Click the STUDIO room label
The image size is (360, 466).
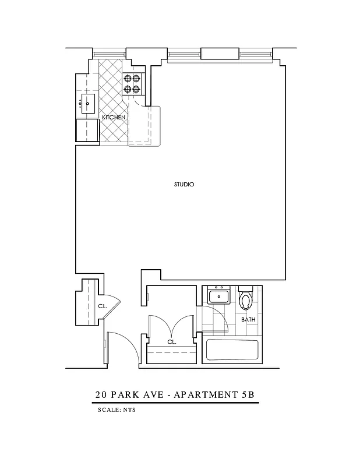tap(183, 185)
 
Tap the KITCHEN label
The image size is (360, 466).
tap(114, 118)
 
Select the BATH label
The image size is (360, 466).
tap(248, 319)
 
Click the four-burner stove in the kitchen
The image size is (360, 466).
tap(132, 84)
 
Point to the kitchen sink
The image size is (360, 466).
tap(88, 104)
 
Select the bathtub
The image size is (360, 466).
tap(232, 351)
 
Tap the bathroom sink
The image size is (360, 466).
tap(220, 296)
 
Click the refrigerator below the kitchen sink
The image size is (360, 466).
tap(86, 130)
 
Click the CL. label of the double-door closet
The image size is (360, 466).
tap(171, 343)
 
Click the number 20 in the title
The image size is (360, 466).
tap(101, 394)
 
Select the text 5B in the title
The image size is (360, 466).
tap(248, 394)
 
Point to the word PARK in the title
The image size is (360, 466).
tap(126, 394)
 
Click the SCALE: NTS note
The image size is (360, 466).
tap(117, 410)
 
